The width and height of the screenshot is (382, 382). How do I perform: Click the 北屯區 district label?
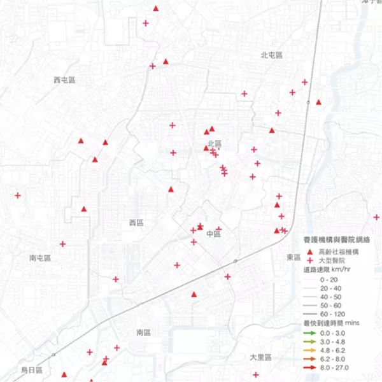pos(271,55)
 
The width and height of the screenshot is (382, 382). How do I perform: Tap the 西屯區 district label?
pos(64,80)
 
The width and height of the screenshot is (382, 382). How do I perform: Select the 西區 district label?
pos(137,223)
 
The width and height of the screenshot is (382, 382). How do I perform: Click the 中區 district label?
pos(213,234)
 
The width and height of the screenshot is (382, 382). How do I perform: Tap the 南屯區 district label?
pos(39,258)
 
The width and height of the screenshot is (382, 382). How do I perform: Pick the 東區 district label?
pos(294,257)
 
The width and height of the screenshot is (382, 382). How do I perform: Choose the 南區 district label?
pos(143,332)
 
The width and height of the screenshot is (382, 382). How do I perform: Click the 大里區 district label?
pos(260,357)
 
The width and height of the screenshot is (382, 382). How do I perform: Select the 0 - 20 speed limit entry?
pos(330,279)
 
